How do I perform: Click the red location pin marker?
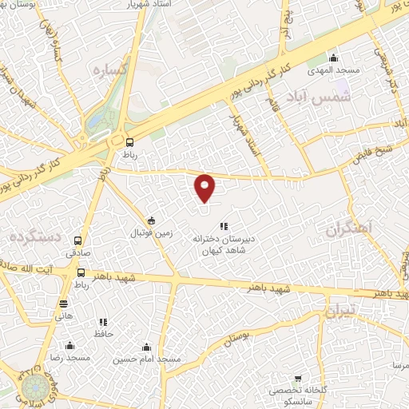(205, 188)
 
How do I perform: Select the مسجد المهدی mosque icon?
(333, 58)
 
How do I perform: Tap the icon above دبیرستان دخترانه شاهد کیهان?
(224, 226)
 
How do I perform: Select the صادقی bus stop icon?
(78, 240)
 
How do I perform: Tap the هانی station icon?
(64, 303)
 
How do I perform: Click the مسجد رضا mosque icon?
(70, 346)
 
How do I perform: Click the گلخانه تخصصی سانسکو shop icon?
(298, 377)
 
